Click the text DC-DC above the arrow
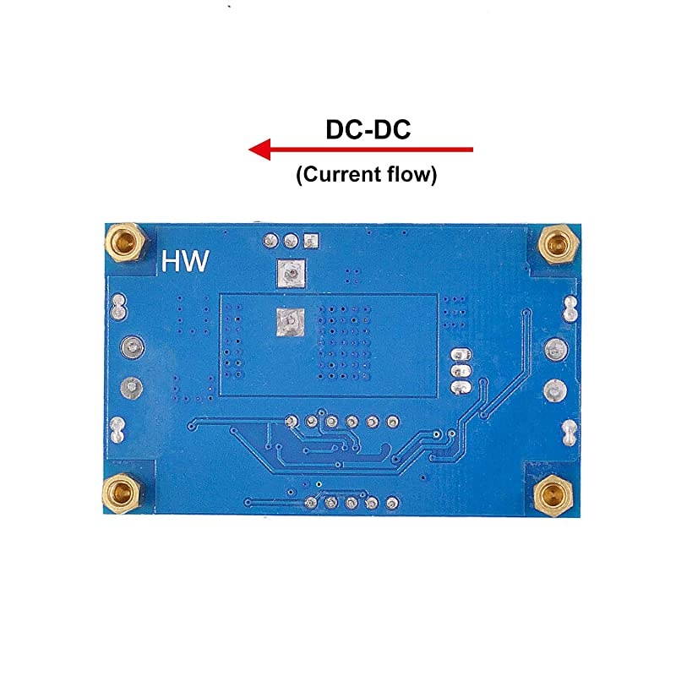click(x=368, y=130)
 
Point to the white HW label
click(x=185, y=261)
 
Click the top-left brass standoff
click(x=124, y=243)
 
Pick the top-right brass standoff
click(x=558, y=245)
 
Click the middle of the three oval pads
click(x=461, y=371)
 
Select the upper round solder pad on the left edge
click(x=131, y=346)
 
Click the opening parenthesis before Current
click(x=300, y=175)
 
